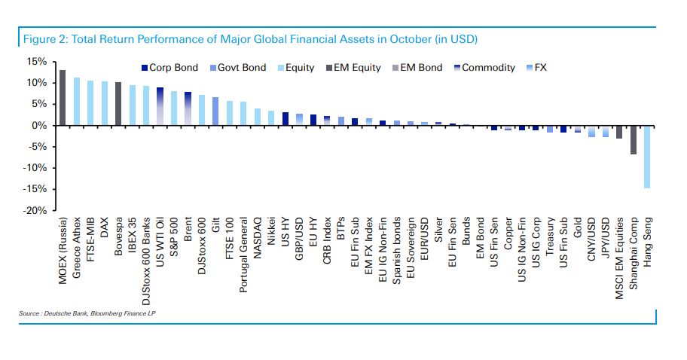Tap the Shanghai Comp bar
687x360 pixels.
633,140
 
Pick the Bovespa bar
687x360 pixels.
118,104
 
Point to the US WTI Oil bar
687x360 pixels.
160,106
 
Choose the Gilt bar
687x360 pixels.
215,111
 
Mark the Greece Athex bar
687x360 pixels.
76,102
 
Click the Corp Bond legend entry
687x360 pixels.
169,68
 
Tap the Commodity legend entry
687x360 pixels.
483,68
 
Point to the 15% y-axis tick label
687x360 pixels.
38,62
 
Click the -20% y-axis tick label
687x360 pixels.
35,211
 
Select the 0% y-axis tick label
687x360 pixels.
41,126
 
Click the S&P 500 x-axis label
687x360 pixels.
174,236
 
